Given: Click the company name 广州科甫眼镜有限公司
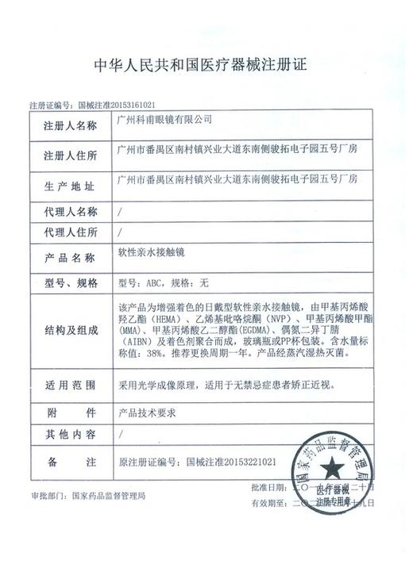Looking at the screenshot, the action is click(x=164, y=120).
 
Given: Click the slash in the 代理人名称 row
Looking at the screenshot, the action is click(x=120, y=212).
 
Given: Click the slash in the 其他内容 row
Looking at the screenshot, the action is click(x=120, y=434).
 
